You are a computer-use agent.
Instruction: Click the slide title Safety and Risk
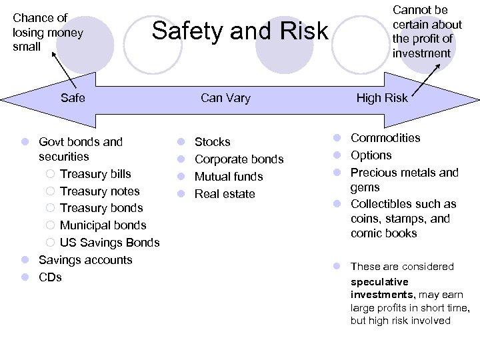[x=240, y=31]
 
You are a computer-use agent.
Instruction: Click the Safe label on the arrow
[x=73, y=98]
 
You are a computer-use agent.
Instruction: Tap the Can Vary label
[x=225, y=98]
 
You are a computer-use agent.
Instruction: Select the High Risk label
[x=381, y=98]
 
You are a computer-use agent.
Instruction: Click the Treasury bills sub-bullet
[x=95, y=174]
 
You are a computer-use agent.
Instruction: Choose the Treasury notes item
[x=99, y=191]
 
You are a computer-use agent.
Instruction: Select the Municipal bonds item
[x=103, y=225]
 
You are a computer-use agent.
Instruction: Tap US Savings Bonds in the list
[x=109, y=243]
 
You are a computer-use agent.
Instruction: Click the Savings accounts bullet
[x=85, y=260]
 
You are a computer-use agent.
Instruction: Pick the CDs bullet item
[x=50, y=277]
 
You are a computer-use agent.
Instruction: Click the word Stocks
[x=212, y=142]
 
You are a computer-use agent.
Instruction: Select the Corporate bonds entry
[x=239, y=159]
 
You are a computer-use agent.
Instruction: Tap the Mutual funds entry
[x=229, y=177]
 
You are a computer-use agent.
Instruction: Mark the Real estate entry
[x=225, y=194]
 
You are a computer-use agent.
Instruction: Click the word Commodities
[x=385, y=138]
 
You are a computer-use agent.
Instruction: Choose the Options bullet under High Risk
[x=371, y=155]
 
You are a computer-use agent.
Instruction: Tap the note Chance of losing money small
[x=48, y=32]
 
